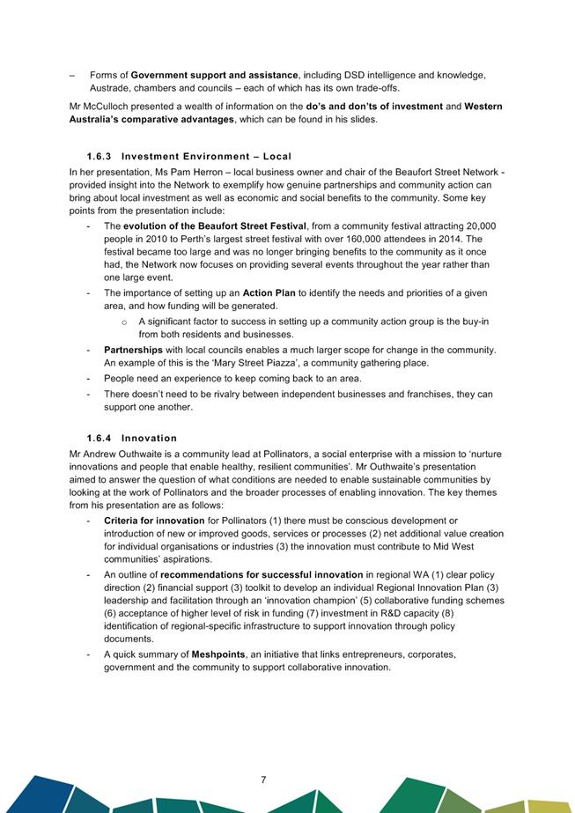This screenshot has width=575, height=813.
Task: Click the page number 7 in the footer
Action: [x=263, y=780]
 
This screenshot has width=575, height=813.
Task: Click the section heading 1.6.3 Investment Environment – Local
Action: [x=188, y=156]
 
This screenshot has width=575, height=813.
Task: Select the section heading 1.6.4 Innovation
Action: [x=131, y=438]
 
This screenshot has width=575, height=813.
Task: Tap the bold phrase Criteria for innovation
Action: [x=154, y=521]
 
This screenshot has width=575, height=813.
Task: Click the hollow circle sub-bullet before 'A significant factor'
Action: [x=125, y=322]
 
